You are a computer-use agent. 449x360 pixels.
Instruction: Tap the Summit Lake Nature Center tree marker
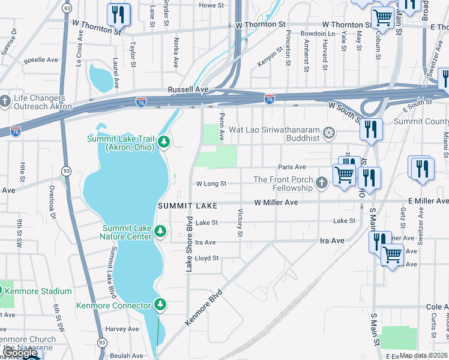point(160,231)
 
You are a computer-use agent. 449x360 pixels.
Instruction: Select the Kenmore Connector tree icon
point(160,305)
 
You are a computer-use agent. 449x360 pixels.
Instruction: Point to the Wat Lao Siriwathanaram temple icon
point(328,131)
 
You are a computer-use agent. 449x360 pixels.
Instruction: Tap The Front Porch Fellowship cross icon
point(322,182)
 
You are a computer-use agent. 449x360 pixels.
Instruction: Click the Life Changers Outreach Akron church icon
point(5,99)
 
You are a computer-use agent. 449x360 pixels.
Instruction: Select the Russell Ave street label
point(188,89)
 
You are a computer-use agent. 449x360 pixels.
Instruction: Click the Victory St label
point(240,222)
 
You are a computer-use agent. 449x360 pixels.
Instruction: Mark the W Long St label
point(211,184)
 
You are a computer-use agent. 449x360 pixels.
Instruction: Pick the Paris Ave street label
point(292,167)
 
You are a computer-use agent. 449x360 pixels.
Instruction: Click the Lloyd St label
point(206,258)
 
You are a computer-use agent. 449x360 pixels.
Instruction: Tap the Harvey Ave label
point(122,329)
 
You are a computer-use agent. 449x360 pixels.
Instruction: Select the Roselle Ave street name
point(41,61)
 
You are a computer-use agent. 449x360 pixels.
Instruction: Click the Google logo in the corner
point(20,353)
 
